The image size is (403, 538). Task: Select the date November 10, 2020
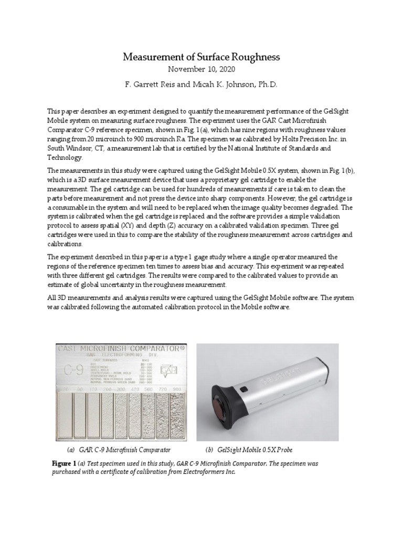point(201,69)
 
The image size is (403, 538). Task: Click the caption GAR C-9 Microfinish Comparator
point(124,451)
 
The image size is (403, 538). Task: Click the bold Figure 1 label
point(63,464)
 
